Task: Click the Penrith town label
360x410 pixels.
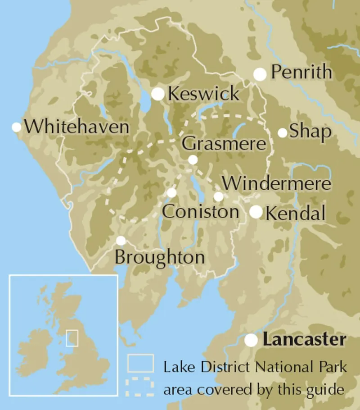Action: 302,73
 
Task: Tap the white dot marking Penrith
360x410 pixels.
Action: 260,74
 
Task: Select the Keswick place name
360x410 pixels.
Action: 203,94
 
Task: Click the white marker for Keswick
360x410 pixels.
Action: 158,94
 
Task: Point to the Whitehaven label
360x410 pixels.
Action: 76,127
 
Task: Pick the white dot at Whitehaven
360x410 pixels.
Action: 17,127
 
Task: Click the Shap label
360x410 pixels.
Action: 310,132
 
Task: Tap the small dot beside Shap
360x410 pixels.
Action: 282,132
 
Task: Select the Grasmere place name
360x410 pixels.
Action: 224,144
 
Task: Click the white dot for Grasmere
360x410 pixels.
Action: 193,159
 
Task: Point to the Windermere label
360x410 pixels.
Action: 277,183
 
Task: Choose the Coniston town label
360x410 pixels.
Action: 200,212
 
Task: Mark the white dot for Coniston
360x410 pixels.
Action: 171,193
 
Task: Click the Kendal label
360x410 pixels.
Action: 296,213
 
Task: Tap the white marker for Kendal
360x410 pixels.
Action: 256,212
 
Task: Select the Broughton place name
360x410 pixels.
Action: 160,258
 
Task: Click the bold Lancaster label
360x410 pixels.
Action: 305,340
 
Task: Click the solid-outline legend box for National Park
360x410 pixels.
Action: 140,363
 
